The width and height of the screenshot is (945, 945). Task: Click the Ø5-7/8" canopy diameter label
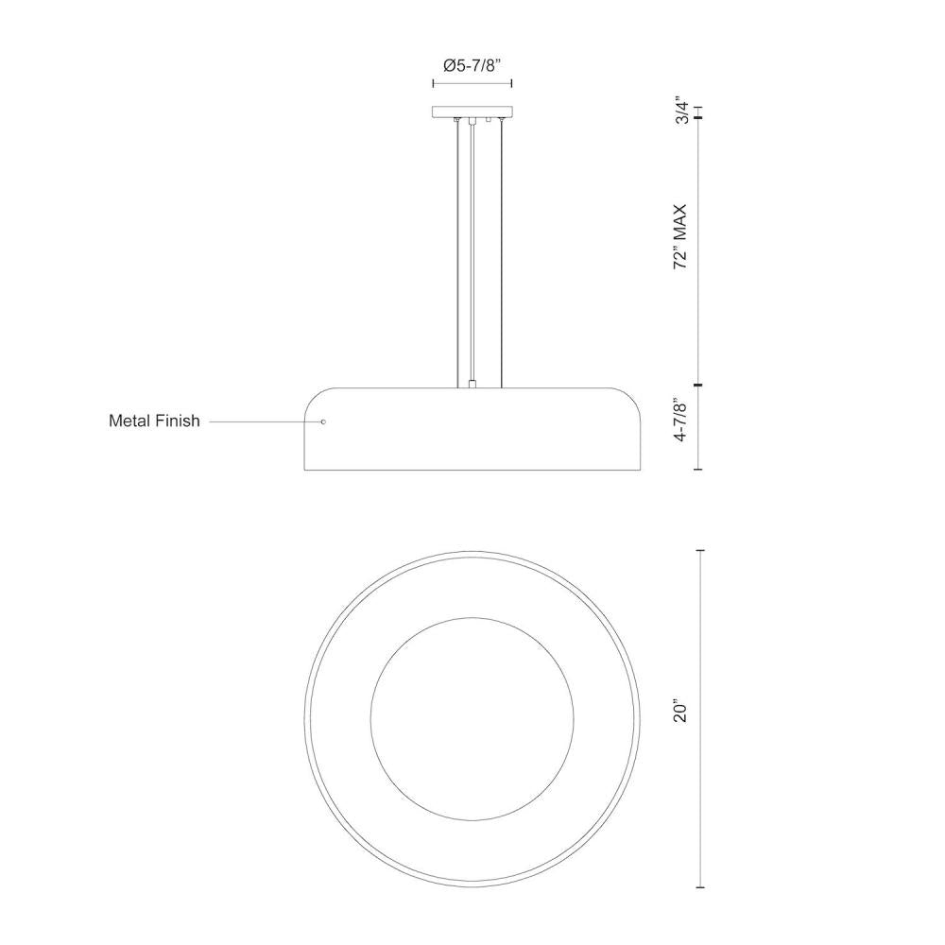(472, 65)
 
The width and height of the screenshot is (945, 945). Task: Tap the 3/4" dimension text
(681, 110)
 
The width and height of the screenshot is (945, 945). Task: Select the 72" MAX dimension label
(680, 236)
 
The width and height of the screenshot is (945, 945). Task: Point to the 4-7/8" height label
(681, 421)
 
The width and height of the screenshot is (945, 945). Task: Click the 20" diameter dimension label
(681, 712)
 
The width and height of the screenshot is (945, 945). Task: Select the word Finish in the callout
(178, 421)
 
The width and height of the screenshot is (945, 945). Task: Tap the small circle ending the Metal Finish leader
(323, 421)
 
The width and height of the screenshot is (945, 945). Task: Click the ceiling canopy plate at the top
(472, 112)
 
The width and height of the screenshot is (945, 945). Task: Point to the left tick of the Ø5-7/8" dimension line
(433, 83)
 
